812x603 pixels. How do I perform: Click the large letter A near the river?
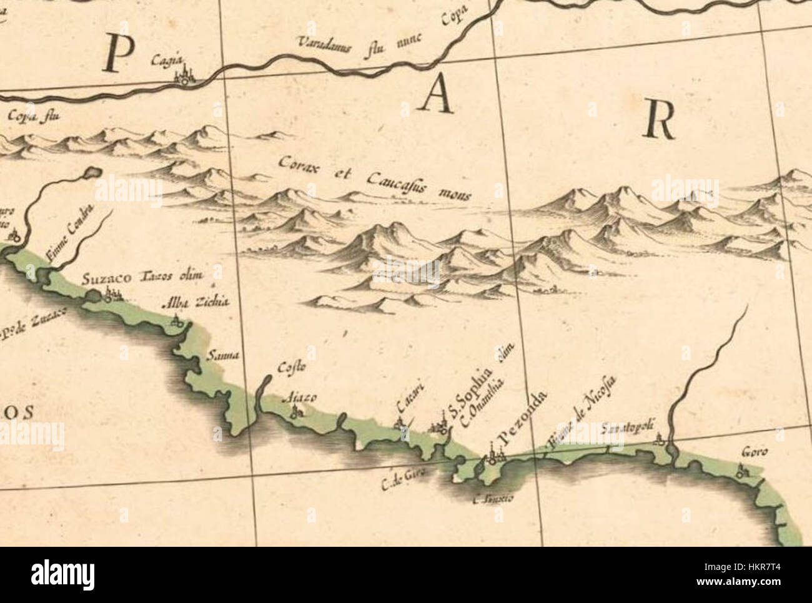click(437, 97)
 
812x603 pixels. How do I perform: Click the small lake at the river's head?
click(92, 172)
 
